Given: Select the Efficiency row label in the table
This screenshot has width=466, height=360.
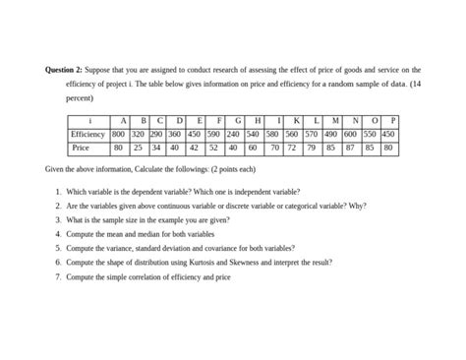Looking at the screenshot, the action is pyautogui.click(x=87, y=134).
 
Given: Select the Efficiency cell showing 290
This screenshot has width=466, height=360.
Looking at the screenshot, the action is pyautogui.click(x=155, y=134).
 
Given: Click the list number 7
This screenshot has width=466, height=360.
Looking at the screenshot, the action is pyautogui.click(x=58, y=277).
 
